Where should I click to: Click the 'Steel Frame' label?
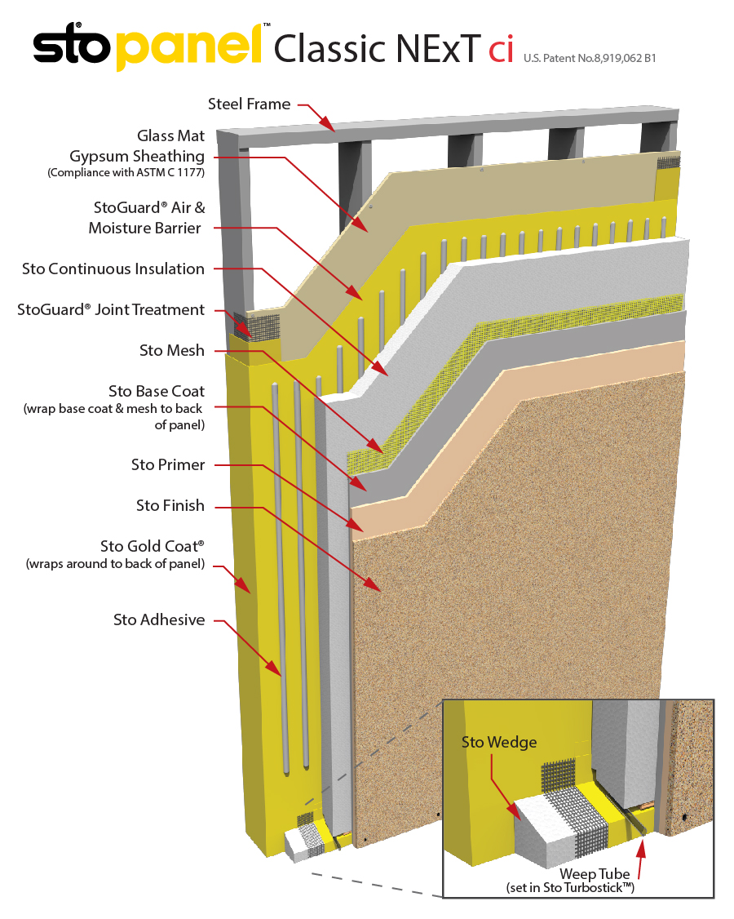(249, 104)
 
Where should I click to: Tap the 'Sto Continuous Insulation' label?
(113, 269)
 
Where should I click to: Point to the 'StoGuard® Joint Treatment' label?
(111, 309)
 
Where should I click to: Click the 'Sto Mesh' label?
(172, 350)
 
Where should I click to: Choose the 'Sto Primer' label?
(168, 464)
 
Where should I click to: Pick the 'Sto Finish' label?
(170, 505)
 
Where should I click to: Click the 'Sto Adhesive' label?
(159, 619)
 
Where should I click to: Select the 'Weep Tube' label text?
(595, 874)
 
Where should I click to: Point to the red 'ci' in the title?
(501, 49)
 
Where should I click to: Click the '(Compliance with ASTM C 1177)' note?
(126, 173)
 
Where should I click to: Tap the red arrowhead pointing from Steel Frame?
(331, 125)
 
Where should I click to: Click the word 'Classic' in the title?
(325, 49)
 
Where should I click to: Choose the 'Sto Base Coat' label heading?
(157, 391)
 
